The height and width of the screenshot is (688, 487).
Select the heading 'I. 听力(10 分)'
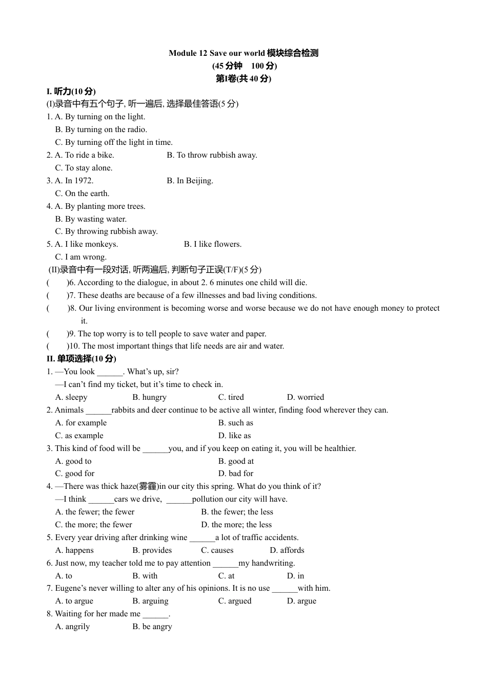tap(71, 91)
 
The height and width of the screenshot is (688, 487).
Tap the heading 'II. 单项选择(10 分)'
tap(81, 359)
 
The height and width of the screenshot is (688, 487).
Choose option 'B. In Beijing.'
tap(190, 181)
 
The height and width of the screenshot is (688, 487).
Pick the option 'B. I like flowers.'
tap(213, 244)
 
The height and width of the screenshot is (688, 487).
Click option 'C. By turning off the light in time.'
tap(114, 142)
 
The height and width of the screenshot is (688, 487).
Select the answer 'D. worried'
tap(306, 397)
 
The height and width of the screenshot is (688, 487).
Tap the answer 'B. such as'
tap(235, 423)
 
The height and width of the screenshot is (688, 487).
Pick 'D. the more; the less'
tap(236, 525)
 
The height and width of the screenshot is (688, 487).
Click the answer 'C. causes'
tap(217, 550)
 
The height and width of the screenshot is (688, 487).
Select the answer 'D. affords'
tap(287, 550)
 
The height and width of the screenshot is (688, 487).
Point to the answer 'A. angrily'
tap(72, 627)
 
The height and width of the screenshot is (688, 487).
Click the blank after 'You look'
tap(110, 372)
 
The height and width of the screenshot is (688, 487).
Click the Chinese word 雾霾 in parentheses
tap(148, 486)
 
